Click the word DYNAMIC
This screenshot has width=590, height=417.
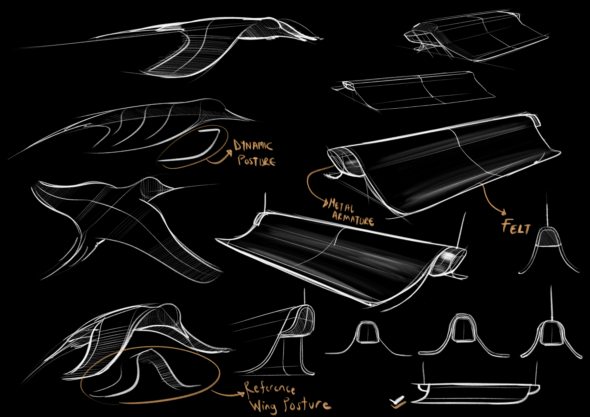[253, 146]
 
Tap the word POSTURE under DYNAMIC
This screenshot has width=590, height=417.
[256, 161]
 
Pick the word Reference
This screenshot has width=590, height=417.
[269, 389]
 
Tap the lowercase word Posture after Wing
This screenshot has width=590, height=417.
[307, 404]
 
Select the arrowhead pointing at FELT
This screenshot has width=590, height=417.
[503, 212]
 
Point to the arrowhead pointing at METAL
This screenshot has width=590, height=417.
[325, 203]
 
